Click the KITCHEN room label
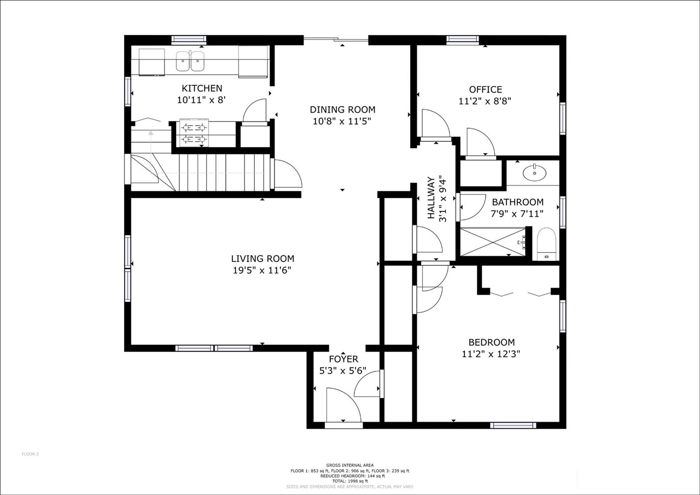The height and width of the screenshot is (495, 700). tap(202, 88)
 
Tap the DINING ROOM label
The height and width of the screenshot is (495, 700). tap(342, 109)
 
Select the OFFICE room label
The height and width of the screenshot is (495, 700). tap(485, 89)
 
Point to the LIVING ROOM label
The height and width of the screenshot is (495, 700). tap(262, 259)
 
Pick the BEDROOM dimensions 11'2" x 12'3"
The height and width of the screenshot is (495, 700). tap(491, 353)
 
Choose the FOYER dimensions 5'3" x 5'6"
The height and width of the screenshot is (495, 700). tap(343, 370)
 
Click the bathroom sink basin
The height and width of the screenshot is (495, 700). tap(534, 173)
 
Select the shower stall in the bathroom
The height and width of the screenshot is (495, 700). tap(492, 241)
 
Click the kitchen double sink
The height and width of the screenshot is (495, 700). tap(190, 61)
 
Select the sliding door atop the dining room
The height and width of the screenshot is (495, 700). tap(336, 39)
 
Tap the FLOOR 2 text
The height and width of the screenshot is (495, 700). tap(30, 453)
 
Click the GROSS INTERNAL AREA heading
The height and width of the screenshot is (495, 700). tap(350, 465)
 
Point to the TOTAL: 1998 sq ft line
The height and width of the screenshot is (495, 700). tap(350, 481)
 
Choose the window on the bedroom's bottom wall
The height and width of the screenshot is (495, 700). tap(512, 425)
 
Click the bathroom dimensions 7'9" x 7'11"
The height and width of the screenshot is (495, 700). tap(517, 214)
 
